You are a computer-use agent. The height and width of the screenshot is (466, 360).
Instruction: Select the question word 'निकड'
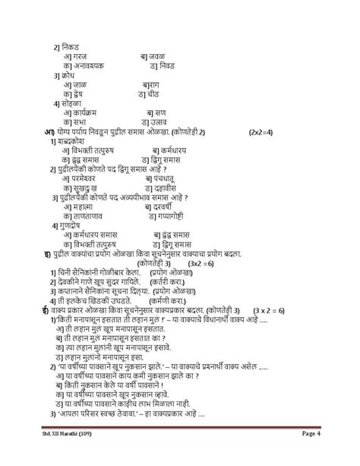pyautogui.click(x=71, y=47)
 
